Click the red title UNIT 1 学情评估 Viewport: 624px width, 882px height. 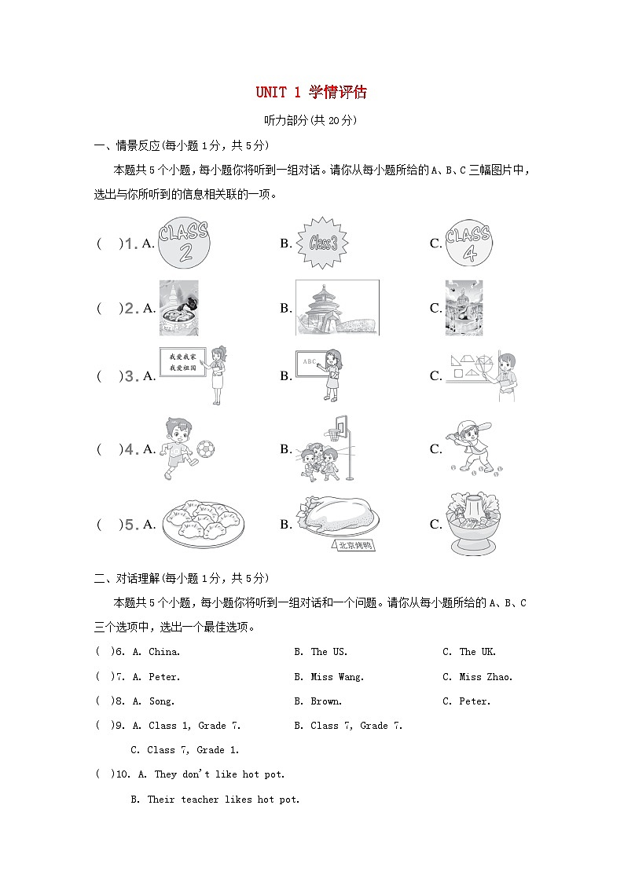pos(311,93)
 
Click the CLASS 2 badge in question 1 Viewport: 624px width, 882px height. pos(185,243)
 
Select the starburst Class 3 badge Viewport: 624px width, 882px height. pos(322,243)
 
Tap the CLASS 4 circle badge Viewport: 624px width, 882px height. pos(468,243)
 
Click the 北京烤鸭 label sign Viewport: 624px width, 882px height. pos(354,545)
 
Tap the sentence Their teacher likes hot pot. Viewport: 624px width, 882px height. pos(223,800)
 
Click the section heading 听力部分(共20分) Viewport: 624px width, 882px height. pos(311,120)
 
